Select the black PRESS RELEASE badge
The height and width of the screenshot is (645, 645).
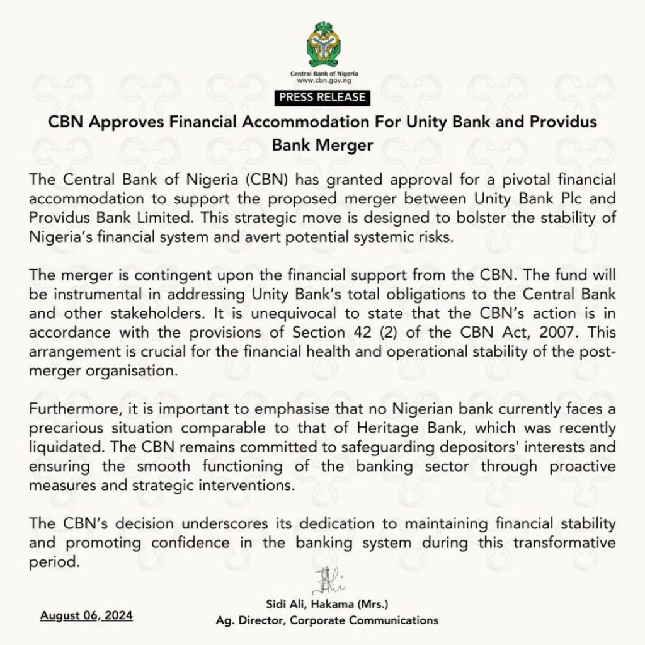[322, 98]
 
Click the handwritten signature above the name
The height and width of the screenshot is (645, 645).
[326, 580]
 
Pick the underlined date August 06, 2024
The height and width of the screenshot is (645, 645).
[86, 615]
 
